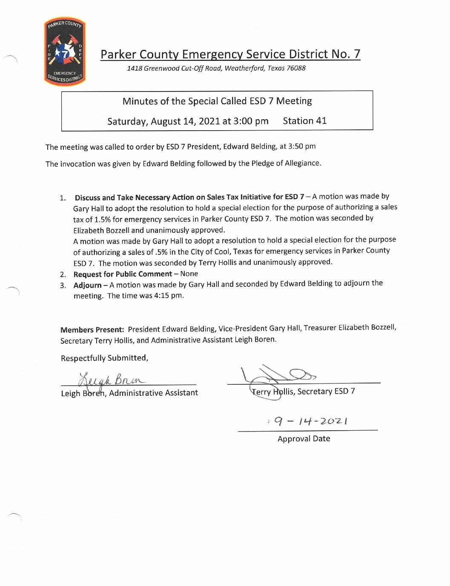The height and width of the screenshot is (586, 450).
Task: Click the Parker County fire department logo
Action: (x=65, y=51)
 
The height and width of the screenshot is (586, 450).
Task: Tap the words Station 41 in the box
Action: (x=304, y=121)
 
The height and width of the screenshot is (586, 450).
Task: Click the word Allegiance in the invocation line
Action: (x=302, y=163)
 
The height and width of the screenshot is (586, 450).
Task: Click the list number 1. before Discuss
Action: (x=63, y=198)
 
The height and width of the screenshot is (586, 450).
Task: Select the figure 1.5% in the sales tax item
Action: (x=103, y=219)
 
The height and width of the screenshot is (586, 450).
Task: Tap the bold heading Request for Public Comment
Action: (x=123, y=274)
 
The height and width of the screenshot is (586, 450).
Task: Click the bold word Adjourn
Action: (x=87, y=285)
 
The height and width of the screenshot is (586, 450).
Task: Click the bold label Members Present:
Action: (x=92, y=330)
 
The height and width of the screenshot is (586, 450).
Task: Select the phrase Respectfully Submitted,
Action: (x=104, y=358)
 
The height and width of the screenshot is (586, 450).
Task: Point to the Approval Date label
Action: (x=304, y=439)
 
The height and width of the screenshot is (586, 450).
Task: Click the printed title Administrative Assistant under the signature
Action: (x=153, y=393)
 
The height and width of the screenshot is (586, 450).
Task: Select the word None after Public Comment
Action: (x=189, y=274)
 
